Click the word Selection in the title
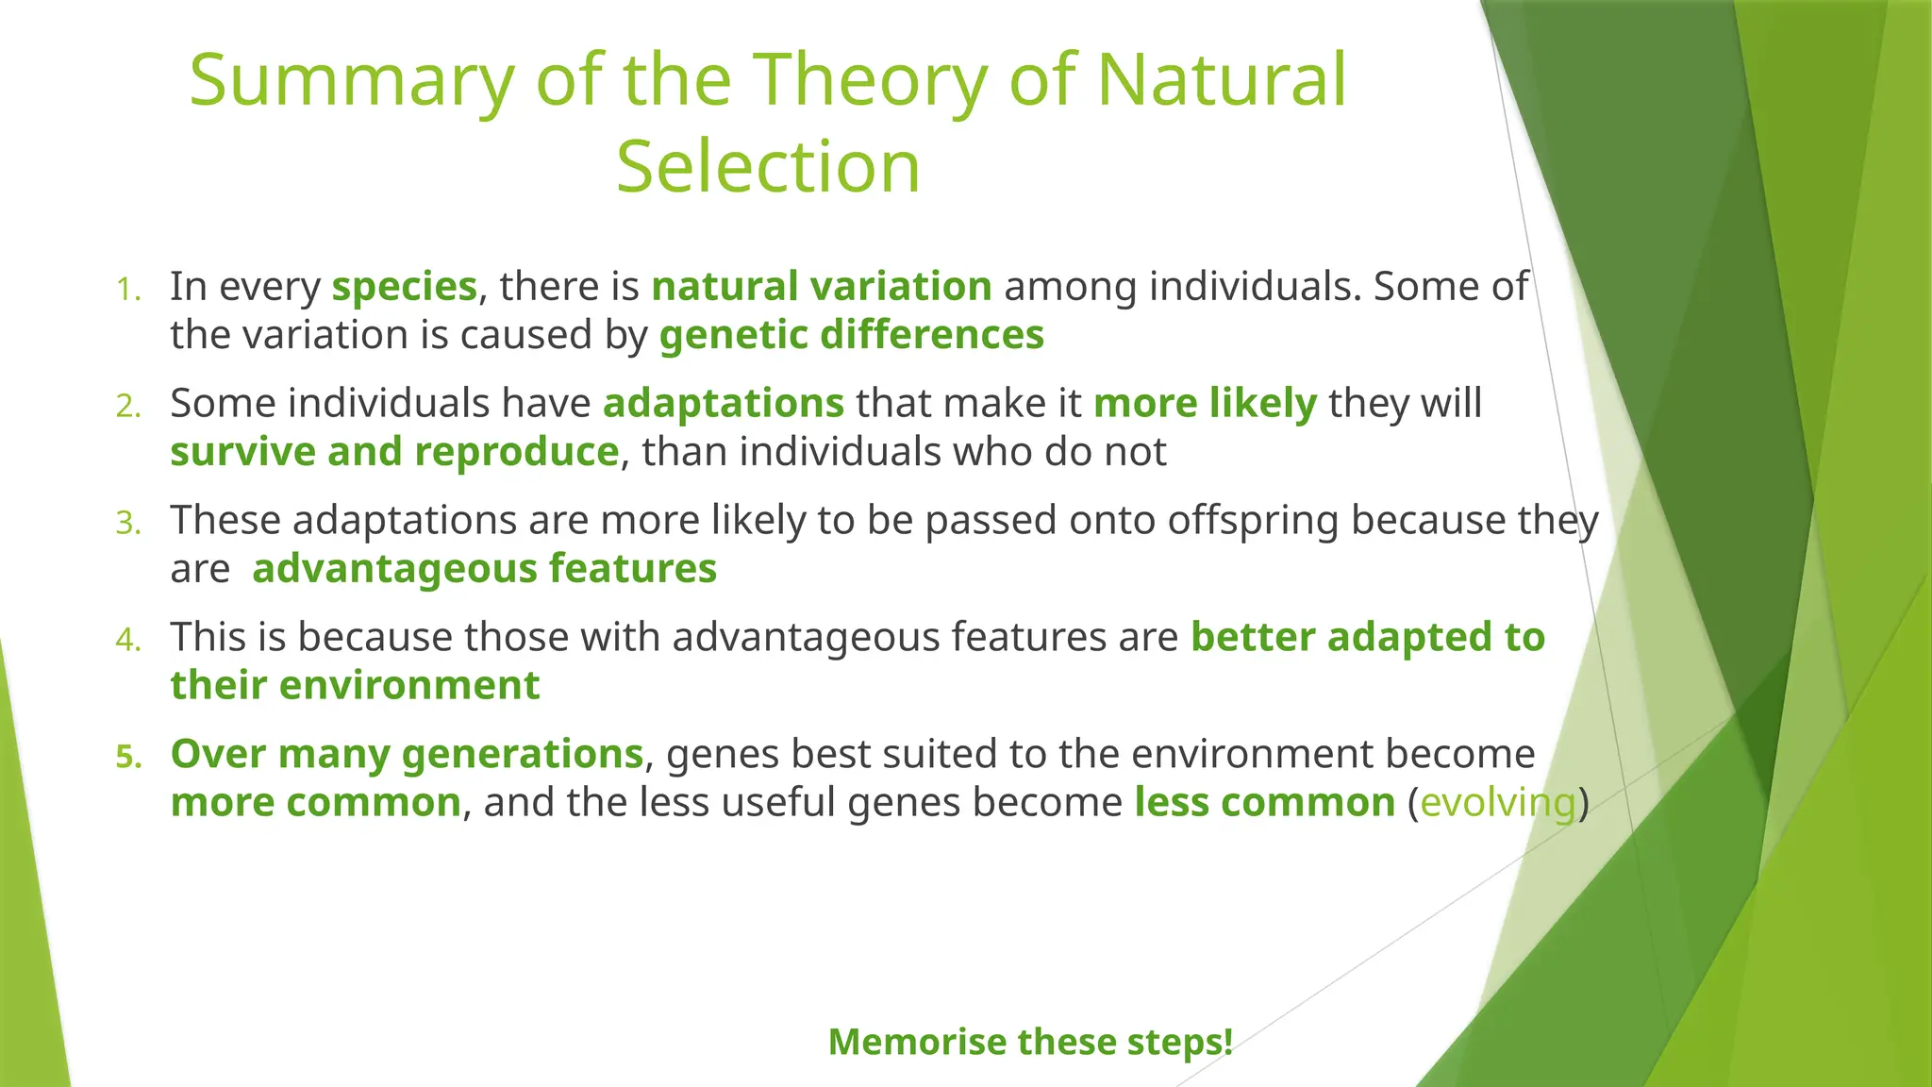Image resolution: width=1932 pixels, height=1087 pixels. (x=768, y=167)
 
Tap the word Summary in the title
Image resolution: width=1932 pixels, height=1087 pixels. (x=352, y=80)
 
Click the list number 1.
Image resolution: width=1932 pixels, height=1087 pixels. (x=128, y=290)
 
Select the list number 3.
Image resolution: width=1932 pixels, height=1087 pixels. (x=128, y=523)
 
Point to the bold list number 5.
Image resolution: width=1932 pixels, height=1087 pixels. (x=128, y=757)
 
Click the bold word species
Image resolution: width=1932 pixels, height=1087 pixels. (x=404, y=287)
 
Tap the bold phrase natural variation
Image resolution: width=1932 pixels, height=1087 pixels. (x=821, y=287)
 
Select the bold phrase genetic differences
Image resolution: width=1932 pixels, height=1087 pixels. (x=851, y=335)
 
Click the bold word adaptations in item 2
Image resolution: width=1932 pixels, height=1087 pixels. (x=723, y=404)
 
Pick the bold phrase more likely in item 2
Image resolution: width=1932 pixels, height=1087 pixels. (x=1204, y=404)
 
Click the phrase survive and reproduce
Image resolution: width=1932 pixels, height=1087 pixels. (x=394, y=452)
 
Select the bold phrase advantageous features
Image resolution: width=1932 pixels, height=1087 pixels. (x=484, y=569)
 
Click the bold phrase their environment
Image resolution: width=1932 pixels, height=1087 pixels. (x=355, y=686)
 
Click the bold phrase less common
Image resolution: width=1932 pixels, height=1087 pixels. (x=1264, y=803)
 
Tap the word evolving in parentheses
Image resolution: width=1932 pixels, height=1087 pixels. (x=1497, y=803)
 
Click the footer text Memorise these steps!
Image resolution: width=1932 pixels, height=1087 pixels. (x=1030, y=1043)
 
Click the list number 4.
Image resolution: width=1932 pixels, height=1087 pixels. (x=128, y=640)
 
